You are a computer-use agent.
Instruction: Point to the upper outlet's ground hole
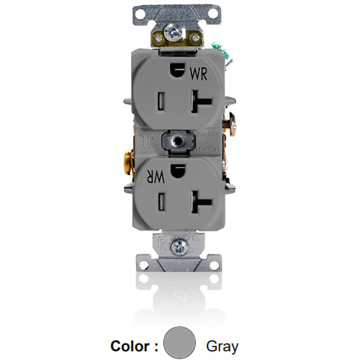(x=175, y=70)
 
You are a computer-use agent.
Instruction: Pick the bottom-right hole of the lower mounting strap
(x=215, y=264)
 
